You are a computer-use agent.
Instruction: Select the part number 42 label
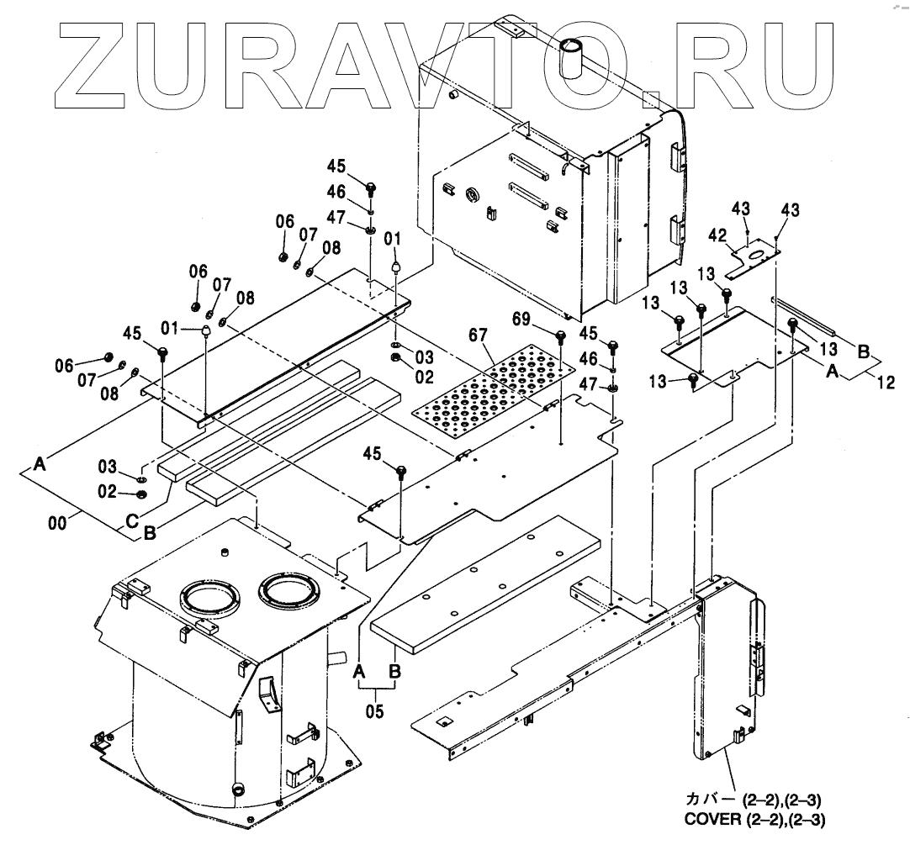(x=717, y=236)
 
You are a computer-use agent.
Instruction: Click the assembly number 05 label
(x=375, y=711)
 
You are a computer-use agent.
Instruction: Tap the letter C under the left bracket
(x=132, y=520)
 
